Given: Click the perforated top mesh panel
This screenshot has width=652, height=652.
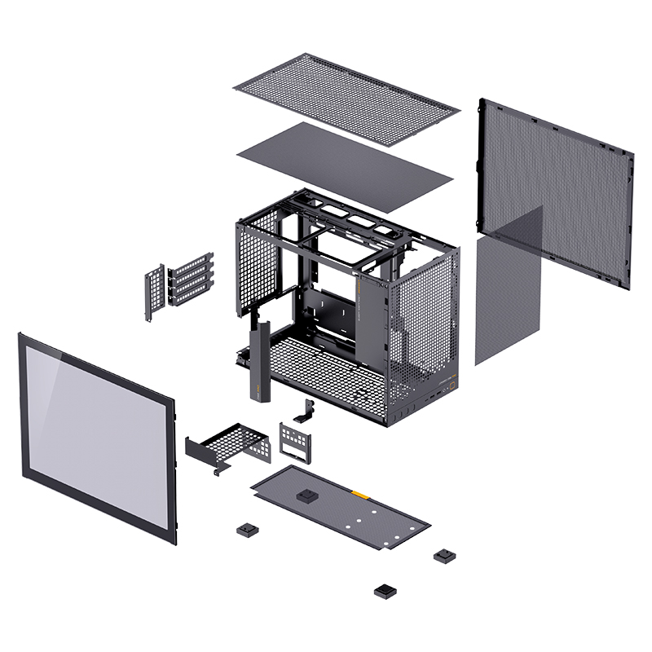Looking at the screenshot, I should click(346, 98).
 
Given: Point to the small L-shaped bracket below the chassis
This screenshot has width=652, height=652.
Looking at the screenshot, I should click(309, 412).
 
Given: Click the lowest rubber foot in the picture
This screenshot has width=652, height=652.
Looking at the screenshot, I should click(384, 590).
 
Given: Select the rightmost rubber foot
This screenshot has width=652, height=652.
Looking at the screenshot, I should click(444, 556).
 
